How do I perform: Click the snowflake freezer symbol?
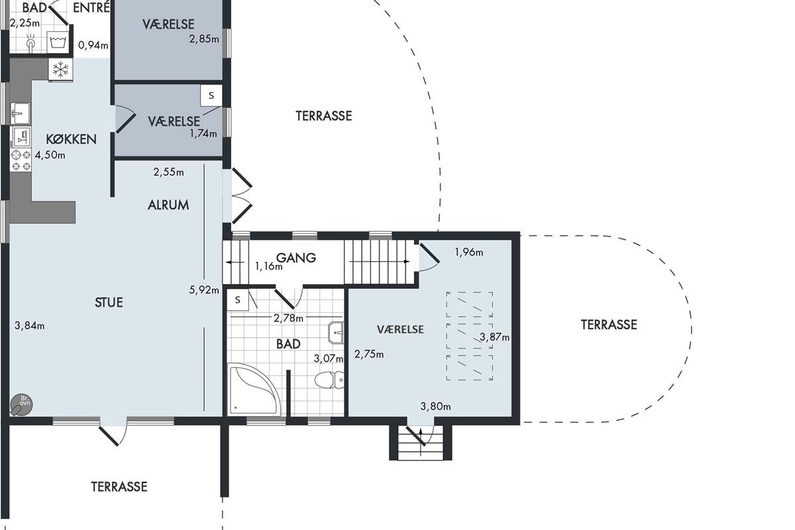[60, 70]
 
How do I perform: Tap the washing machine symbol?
[58, 42]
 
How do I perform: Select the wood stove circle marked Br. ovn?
[21, 404]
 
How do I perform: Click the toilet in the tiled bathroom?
[329, 380]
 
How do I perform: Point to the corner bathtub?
[253, 389]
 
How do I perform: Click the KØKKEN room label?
[71, 139]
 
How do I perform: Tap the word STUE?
[109, 303]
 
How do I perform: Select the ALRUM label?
[168, 205]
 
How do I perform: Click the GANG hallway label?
[296, 257]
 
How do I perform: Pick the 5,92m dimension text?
[204, 290]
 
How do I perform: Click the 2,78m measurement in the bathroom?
[288, 318]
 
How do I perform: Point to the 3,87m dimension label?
[494, 337]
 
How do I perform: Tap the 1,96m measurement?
[469, 252]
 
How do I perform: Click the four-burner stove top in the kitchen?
[21, 160]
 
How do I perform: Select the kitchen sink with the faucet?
[20, 113]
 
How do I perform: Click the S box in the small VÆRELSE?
[211, 95]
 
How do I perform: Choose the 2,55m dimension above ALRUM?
[168, 172]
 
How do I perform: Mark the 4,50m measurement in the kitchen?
[50, 155]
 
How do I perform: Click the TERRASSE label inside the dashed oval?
[609, 325]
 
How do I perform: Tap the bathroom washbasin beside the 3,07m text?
[336, 333]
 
